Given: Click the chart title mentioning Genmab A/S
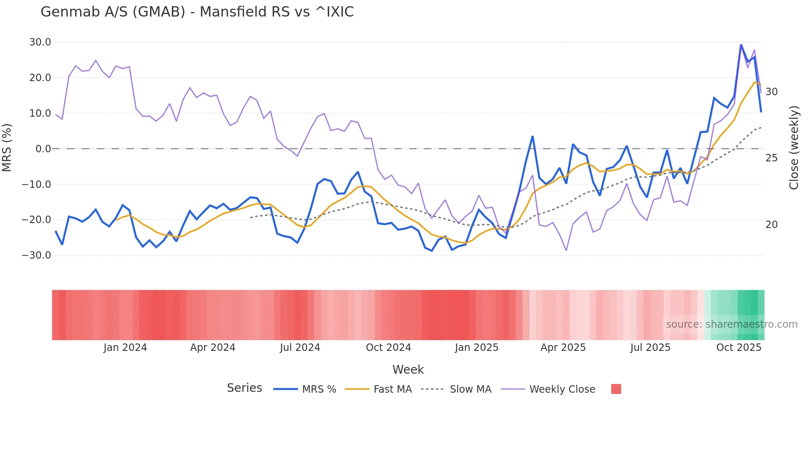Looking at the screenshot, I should coord(197,12).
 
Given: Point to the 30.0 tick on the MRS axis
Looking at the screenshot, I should coord(40,42).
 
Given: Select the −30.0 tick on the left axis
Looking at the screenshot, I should coord(37,255).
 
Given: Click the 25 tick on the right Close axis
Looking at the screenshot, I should coord(771,158).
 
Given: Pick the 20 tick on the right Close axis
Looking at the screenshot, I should coord(771,225).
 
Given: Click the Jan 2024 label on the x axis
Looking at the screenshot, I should coord(125,348).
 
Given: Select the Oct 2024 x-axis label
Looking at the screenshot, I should coord(388,348).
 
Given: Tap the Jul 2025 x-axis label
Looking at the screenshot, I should coord(650,348).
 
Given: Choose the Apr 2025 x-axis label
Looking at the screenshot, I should coord(563,348).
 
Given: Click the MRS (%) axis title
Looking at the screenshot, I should coord(7,148).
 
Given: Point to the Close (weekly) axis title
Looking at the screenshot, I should coord(794,148).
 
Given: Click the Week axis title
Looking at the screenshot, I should coord(408,370).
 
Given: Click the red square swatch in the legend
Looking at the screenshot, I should coord(616,389).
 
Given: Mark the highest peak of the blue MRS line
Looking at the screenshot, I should coord(741,45).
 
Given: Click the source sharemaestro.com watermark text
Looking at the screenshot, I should coord(731,324).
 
